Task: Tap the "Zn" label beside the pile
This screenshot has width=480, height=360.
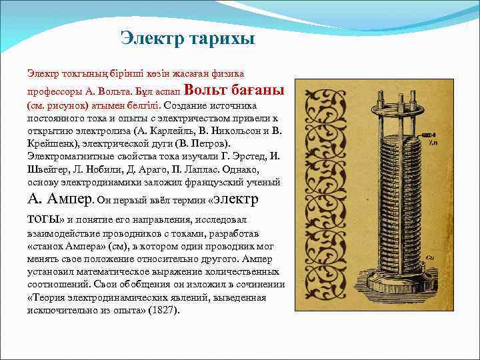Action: [433, 142]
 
